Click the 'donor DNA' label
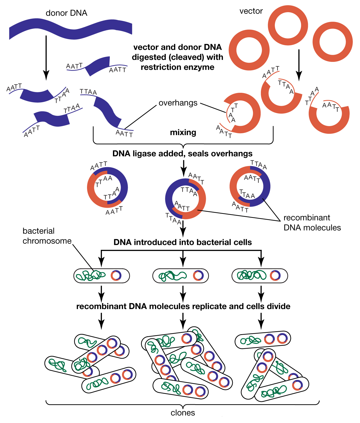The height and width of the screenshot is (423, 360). coord(66,13)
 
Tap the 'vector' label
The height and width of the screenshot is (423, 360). coord(251,11)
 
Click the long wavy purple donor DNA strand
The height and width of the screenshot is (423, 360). coord(70,29)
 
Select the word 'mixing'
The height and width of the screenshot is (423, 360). coord(183,132)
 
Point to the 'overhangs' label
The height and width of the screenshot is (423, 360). coord(178,103)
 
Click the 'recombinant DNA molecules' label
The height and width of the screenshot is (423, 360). coord(312,223)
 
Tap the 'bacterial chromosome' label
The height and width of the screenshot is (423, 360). coord(47,236)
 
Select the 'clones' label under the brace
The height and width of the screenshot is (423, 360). coord(183,413)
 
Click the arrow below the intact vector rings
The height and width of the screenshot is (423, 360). coord(299,65)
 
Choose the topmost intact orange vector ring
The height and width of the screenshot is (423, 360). coord(288,26)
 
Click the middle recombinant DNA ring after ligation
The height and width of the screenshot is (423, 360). coord(185,199)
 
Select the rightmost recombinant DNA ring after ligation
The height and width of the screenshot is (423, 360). coord(250,186)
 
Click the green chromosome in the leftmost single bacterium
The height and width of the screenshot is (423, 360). coord(90,276)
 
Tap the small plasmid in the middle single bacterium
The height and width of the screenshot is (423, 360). coord(198,275)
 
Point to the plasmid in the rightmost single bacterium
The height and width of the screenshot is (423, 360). coord(275,275)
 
